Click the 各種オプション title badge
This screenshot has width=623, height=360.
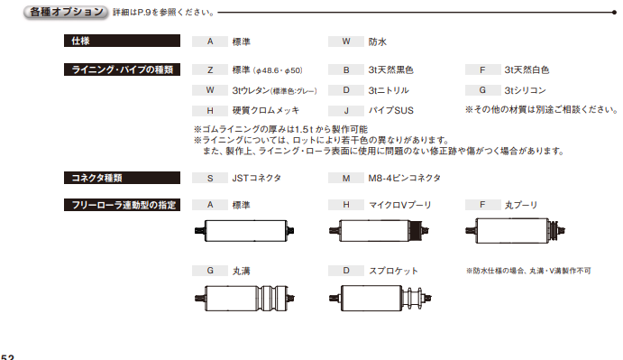(x=66, y=12)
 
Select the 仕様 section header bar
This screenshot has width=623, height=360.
(x=122, y=41)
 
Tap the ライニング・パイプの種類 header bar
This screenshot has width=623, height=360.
(x=122, y=69)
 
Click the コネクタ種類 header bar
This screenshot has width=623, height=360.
(x=122, y=178)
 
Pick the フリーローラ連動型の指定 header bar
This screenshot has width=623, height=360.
(x=122, y=205)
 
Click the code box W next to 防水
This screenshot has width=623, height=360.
(x=346, y=42)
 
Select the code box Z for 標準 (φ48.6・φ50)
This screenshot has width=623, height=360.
(x=210, y=70)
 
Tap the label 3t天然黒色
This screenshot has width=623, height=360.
(x=390, y=70)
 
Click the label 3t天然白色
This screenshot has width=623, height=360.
(x=527, y=70)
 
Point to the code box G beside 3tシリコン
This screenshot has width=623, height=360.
(x=482, y=90)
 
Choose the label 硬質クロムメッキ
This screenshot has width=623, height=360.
(x=266, y=110)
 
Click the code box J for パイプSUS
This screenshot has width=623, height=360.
(x=346, y=111)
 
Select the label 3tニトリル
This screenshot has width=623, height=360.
(x=389, y=90)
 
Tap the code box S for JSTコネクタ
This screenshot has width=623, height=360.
(x=210, y=179)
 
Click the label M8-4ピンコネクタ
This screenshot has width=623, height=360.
(x=404, y=178)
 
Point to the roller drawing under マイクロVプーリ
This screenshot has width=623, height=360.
(x=379, y=230)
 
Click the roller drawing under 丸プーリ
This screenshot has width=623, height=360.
(x=516, y=230)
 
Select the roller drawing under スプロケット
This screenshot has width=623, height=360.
(x=380, y=298)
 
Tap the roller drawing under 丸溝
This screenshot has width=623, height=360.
(x=244, y=298)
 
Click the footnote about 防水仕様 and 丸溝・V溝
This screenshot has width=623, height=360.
(x=528, y=271)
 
